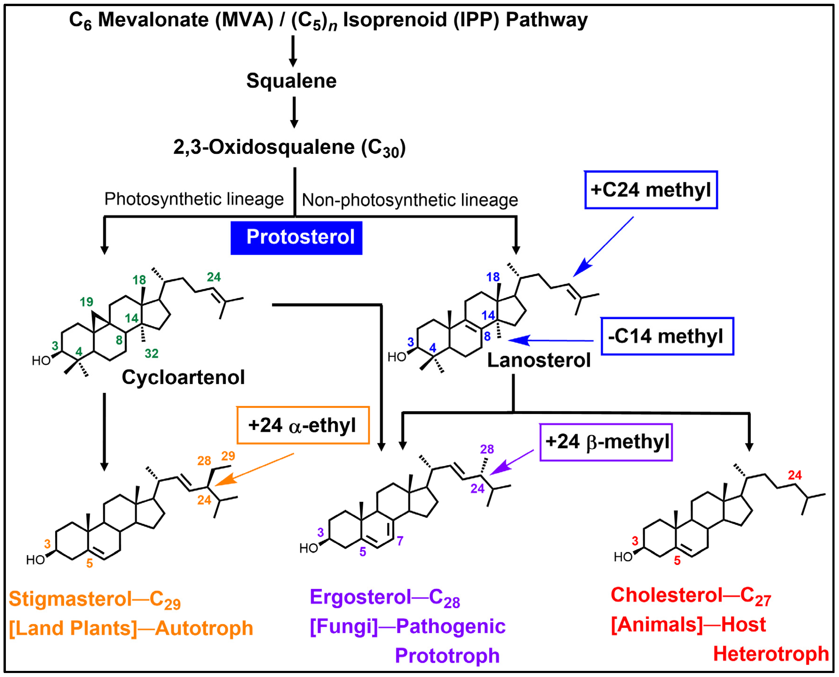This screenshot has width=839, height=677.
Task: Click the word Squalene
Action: [x=291, y=81]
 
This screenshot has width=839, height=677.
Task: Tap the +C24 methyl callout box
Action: [x=651, y=190]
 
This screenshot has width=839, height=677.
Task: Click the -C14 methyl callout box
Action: [x=667, y=336]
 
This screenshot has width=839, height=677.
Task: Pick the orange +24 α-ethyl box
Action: [x=303, y=425]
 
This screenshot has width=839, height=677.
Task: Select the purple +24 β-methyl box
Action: [x=606, y=442]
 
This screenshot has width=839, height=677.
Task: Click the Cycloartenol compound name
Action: [x=183, y=377]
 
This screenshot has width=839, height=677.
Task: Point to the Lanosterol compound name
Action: [x=539, y=360]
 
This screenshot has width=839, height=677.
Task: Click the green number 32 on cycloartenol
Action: [x=151, y=353]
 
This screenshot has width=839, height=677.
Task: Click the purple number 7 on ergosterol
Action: [x=400, y=540]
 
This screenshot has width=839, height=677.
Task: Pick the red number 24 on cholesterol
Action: [x=795, y=475]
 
